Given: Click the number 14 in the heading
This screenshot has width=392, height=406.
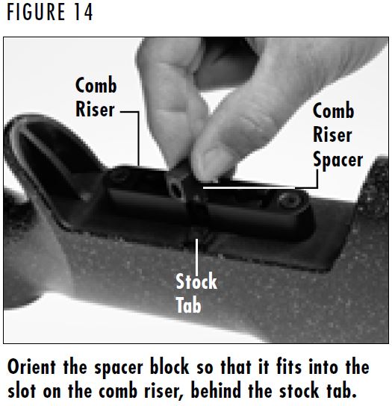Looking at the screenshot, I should click(83, 13).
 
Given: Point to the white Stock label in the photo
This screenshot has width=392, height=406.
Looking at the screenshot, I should click(196, 282).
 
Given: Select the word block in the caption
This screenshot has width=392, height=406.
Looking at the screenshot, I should click(183, 367).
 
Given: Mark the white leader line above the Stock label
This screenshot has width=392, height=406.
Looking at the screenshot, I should click(196, 254).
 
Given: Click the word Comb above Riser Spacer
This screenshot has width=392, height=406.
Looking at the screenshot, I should click(332, 112).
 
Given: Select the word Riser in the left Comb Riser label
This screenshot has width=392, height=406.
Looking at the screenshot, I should click(95, 109).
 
